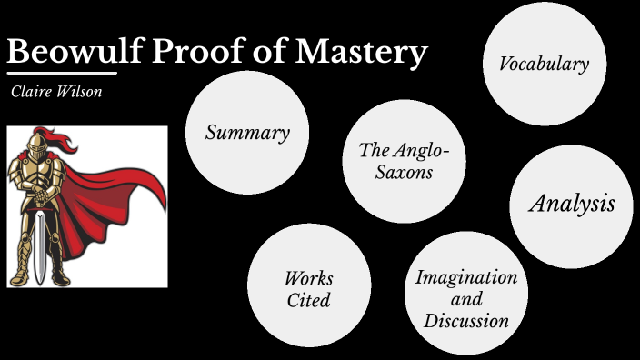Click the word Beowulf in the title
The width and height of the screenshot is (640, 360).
coord(66,52)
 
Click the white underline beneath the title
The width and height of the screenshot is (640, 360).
coord(62,73)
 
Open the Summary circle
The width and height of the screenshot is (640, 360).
coord(246,132)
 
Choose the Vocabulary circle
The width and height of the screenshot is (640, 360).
coord(544,64)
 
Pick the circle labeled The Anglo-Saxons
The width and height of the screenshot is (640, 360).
coord(404,161)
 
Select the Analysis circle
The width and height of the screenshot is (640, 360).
coord(571,205)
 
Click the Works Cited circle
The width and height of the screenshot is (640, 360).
coord(309,286)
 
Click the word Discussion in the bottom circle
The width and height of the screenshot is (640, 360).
coord(466,320)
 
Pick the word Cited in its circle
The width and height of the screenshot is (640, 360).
coord(309,300)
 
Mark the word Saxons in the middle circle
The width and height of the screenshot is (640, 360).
coord(404,171)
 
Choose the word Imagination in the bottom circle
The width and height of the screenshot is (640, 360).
coord(466,277)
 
